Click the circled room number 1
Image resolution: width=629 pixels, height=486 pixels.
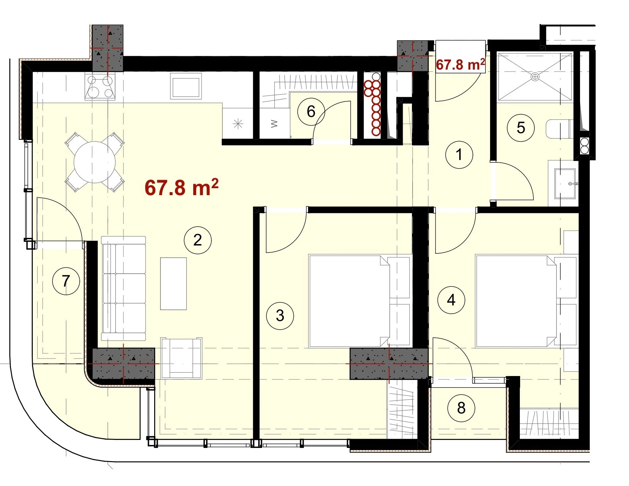(x=459, y=155)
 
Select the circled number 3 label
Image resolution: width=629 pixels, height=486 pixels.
(x=280, y=316)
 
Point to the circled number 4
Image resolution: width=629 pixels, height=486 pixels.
(x=451, y=300)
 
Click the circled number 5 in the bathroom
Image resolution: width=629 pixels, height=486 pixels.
(x=521, y=128)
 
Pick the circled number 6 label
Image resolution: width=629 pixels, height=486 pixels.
(x=311, y=112)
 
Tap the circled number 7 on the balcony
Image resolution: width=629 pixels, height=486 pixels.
(x=66, y=281)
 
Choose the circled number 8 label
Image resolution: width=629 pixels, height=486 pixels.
(x=461, y=408)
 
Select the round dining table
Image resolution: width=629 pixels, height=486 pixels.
(x=95, y=162)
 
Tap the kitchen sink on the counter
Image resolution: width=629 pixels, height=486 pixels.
(x=186, y=86)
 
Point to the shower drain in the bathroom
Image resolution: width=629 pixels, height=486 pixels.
(x=535, y=77)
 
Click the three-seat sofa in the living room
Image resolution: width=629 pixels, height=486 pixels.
(x=123, y=288)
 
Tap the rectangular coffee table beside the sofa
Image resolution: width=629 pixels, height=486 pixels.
(x=173, y=284)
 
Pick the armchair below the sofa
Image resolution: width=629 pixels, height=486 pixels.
(x=181, y=358)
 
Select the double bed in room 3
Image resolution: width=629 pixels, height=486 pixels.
(x=359, y=301)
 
